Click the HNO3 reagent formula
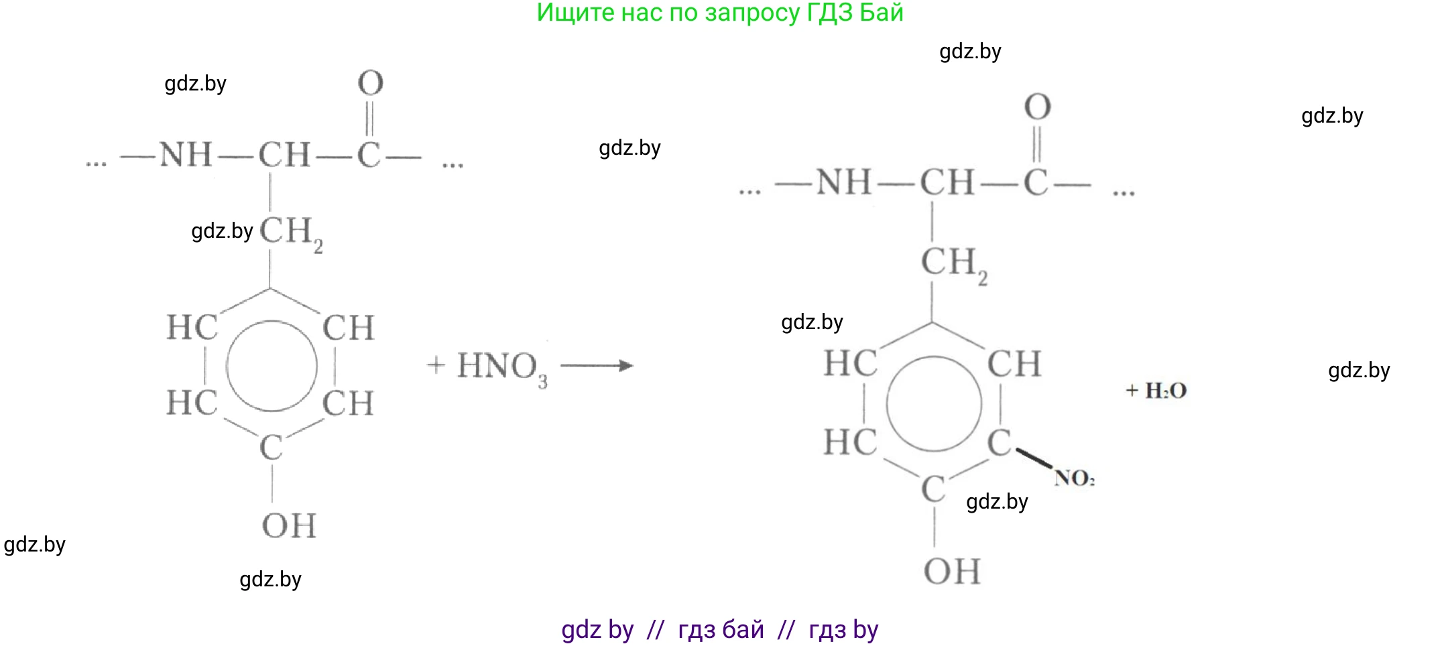(x=501, y=367)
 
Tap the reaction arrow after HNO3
(x=596, y=365)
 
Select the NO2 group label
(x=1074, y=478)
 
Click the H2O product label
(x=1165, y=390)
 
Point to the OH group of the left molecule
(x=289, y=525)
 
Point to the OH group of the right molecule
(x=952, y=572)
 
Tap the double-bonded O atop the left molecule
(x=371, y=83)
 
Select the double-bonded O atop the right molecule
(x=1037, y=107)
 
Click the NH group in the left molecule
(x=186, y=155)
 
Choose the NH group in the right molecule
(x=843, y=183)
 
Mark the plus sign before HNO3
(x=436, y=365)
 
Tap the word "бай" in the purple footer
(x=743, y=630)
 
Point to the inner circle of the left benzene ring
(x=272, y=366)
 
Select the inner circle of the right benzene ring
(x=934, y=404)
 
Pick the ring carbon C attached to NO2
(x=999, y=443)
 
